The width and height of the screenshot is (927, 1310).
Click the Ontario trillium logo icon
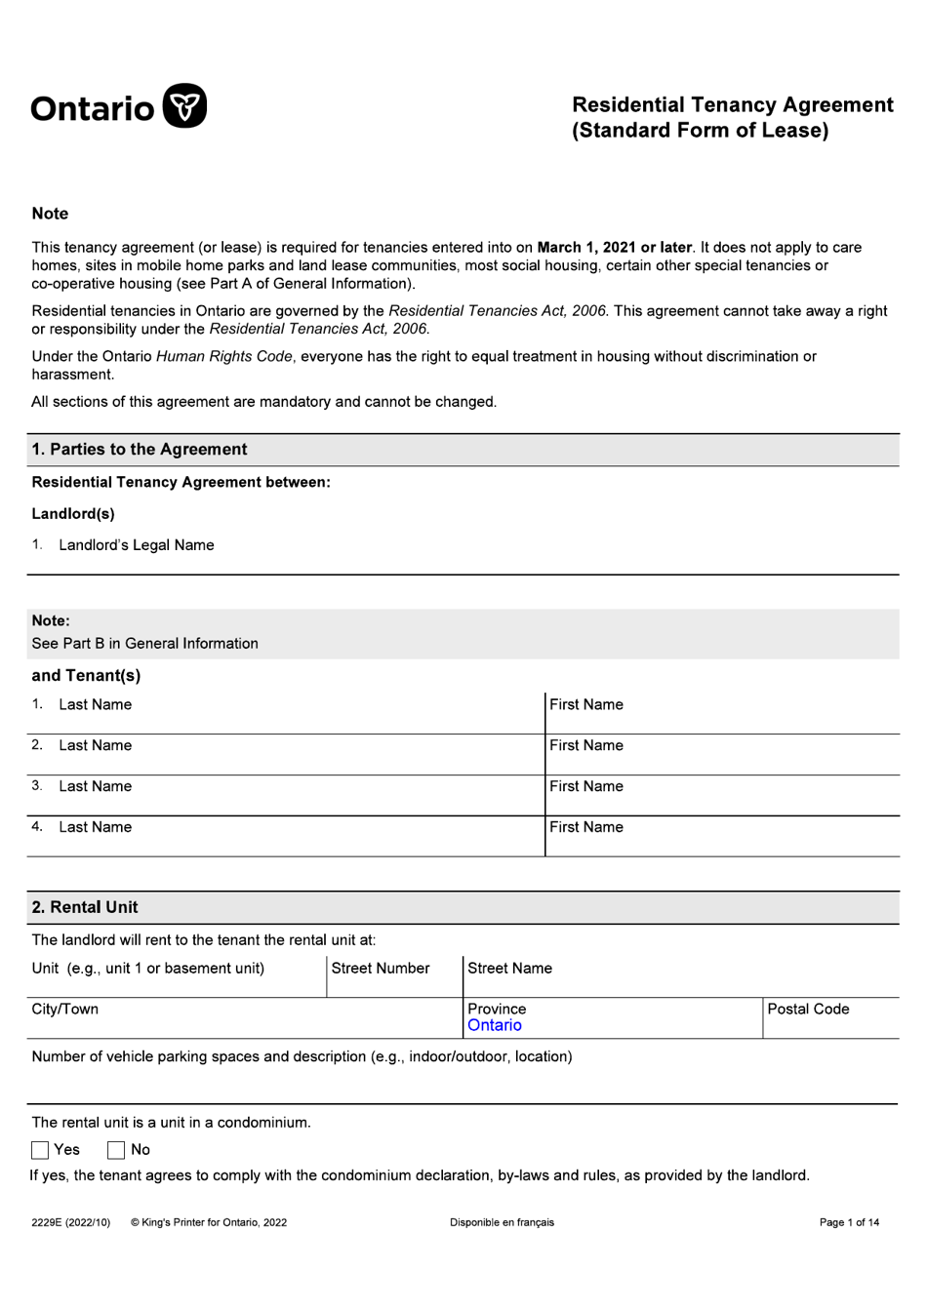pos(184,106)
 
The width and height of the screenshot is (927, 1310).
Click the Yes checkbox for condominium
pos(40,1150)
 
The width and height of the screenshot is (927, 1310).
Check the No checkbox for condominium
pos(116,1150)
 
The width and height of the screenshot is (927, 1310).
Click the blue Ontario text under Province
pos(494,1025)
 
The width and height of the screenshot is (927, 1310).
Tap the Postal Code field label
pos(808,1009)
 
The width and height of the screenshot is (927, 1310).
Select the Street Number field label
pos(380,968)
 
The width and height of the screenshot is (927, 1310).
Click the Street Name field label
pos(509,968)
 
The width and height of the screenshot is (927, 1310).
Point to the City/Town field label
pos(64,1009)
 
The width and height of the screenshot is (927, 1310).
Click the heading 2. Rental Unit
pos(85,907)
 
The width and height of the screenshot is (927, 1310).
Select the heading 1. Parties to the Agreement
pos(140,450)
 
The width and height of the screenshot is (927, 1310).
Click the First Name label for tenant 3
pos(585,786)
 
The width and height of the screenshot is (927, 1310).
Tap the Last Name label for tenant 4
pos(95,827)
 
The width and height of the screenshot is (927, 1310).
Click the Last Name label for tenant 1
pos(95,704)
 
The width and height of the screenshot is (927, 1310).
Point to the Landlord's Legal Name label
pos(136,545)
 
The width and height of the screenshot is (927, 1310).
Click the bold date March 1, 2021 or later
pos(614,248)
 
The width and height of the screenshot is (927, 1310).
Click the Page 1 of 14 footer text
pos(849,1222)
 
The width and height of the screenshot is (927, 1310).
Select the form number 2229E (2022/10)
pos(70,1222)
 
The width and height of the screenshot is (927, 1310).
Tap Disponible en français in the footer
pos(502,1222)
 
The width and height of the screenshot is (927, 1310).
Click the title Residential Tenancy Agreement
pos(732,105)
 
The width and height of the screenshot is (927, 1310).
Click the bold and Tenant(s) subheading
pos(86,675)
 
